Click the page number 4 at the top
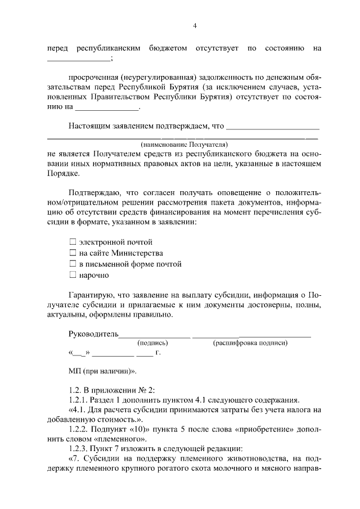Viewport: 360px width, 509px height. tap(195, 25)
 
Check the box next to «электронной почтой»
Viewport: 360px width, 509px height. tap(72, 242)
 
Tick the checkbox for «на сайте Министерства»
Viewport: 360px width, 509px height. tap(72, 253)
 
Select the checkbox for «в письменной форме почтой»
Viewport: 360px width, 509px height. tap(72, 264)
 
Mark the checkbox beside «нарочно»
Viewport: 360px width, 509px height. tap(72, 275)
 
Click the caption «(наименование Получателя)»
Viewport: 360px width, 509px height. tap(183, 144)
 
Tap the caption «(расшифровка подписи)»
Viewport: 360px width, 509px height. tap(250, 343)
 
